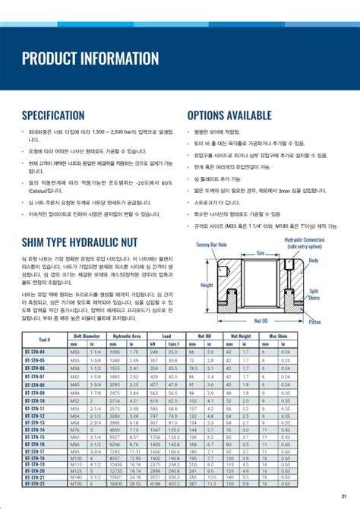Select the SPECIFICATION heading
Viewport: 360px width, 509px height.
(53, 115)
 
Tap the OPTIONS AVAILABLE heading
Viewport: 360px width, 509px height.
(229, 115)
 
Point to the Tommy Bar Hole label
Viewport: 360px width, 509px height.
(212, 245)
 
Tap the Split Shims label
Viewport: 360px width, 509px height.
(336, 293)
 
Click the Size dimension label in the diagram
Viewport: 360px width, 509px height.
(261, 254)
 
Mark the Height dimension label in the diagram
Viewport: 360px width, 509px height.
(207, 286)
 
